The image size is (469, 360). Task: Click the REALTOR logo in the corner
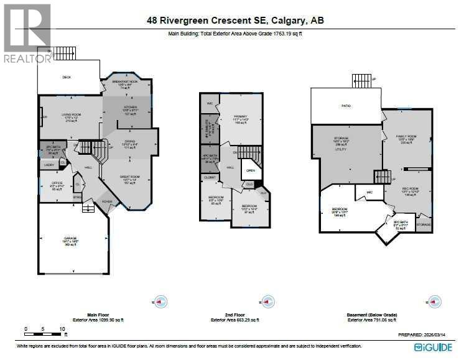[x=27, y=32]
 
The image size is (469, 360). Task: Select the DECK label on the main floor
[x=67, y=78]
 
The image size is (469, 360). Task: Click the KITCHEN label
[x=129, y=107]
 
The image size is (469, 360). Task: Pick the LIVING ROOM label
[x=72, y=114]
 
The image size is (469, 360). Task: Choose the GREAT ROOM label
[x=131, y=177]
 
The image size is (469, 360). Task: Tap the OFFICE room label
[x=57, y=183]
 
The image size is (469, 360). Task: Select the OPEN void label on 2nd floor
[x=251, y=170]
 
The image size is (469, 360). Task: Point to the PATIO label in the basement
[x=346, y=106]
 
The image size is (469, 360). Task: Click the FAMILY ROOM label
[x=407, y=136]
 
